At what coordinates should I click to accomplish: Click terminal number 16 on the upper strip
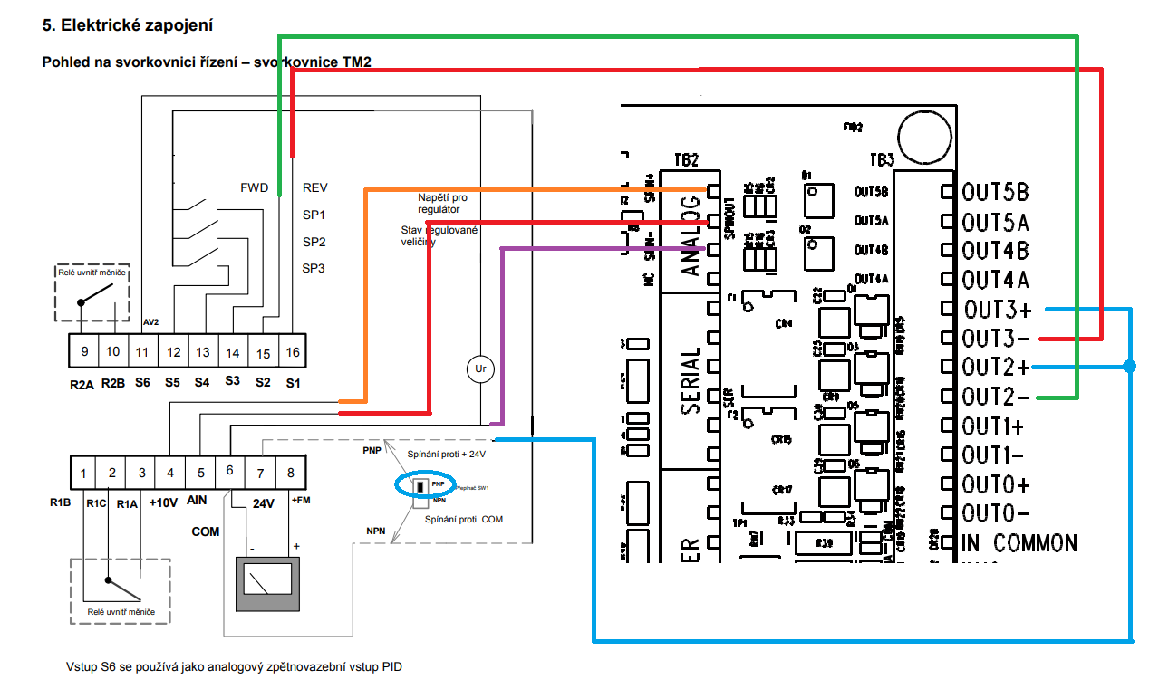293,352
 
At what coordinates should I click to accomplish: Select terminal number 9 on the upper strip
83,352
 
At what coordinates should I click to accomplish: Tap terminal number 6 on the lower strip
229,472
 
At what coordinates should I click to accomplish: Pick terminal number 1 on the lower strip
83,472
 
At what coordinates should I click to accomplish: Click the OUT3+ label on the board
997,310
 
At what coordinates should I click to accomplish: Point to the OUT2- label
996,397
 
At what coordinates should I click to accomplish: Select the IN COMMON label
1019,543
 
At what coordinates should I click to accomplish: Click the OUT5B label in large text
996,193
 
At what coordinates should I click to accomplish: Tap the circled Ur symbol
480,368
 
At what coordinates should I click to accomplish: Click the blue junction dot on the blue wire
1129,367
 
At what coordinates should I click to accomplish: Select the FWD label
255,188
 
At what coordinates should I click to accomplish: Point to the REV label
315,188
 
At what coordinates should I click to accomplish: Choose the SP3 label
314,268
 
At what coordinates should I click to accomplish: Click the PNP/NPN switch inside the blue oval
420,486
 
